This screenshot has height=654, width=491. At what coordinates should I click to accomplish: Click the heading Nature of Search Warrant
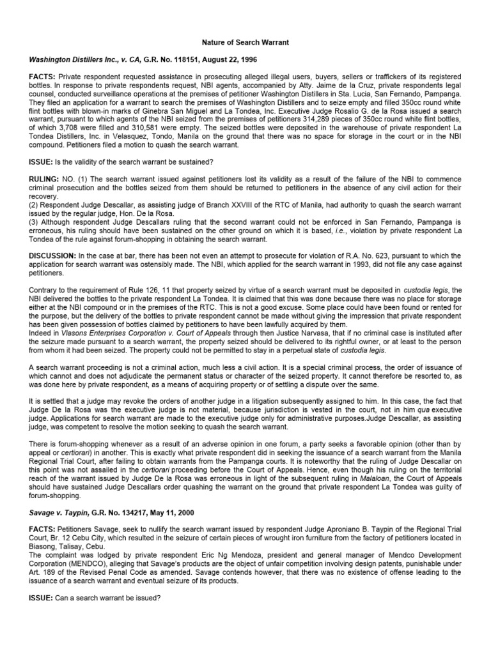click(x=246, y=42)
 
